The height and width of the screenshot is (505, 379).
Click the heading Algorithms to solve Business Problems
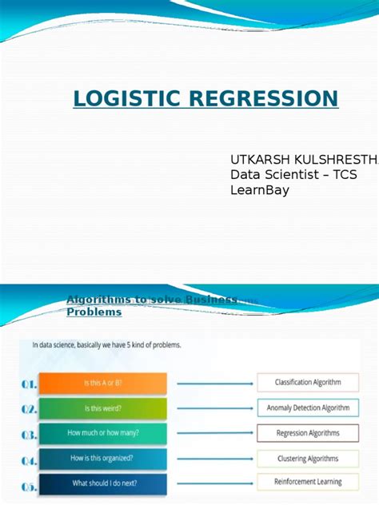pos(151,305)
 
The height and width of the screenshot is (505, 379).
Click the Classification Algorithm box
pos(307,383)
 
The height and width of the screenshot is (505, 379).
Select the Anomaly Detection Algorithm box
pos(307,408)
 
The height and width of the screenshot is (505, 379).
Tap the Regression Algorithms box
pos(307,433)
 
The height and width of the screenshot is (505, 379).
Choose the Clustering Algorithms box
pos(307,459)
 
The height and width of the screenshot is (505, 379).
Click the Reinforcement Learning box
pos(307,482)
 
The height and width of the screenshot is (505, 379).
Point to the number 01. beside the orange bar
pos(30,384)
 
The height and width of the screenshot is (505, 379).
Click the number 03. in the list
pos(30,435)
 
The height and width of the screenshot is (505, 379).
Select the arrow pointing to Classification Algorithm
pos(210,384)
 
